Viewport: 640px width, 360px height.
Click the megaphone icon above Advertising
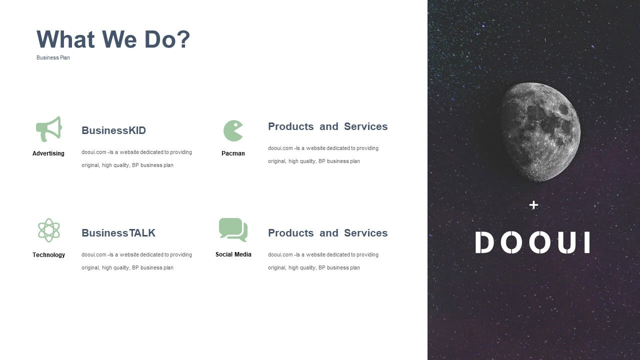click(48, 129)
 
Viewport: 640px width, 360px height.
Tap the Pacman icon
click(233, 131)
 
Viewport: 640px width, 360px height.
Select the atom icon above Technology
click(49, 230)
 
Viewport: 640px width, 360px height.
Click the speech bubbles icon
click(233, 229)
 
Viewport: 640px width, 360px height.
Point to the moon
click(539, 132)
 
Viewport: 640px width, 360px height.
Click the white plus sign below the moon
click(533, 205)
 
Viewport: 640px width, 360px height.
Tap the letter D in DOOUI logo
click(484, 242)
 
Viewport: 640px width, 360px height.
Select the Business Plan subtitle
click(53, 57)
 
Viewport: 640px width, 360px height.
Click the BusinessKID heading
click(113, 130)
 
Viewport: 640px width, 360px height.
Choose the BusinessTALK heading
click(118, 233)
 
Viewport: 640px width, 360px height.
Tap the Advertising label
click(48, 153)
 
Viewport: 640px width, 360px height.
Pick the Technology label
click(48, 255)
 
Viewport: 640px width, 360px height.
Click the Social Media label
click(233, 254)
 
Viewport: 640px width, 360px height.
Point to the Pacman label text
click(233, 153)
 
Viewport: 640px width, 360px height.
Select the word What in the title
click(65, 39)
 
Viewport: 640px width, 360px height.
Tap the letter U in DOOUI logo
click(566, 242)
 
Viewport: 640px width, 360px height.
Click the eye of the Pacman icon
click(235, 124)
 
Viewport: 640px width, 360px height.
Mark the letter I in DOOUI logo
click(587, 242)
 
